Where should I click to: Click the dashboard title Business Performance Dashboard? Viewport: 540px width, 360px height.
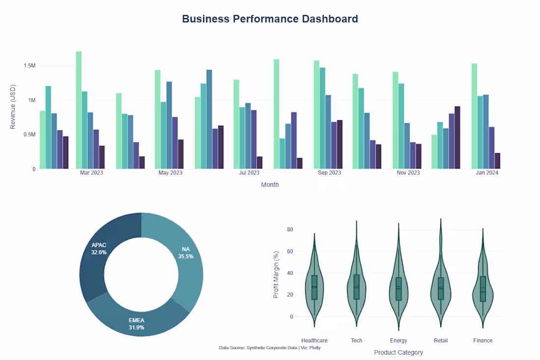(270, 19)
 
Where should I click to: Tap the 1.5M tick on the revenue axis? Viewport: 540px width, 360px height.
(28, 66)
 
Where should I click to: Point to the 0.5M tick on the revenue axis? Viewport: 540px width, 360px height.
(28, 135)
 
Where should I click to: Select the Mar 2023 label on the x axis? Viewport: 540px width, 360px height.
(91, 173)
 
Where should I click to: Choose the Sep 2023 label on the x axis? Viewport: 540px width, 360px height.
(329, 173)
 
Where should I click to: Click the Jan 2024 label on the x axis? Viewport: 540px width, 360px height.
(486, 173)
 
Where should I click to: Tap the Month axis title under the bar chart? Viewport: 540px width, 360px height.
(270, 185)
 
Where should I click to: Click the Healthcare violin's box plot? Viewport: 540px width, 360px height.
(314, 287)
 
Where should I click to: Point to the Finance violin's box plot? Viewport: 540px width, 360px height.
(483, 288)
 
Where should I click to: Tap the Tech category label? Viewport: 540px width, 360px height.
(356, 340)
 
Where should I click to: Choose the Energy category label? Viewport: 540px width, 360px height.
(398, 340)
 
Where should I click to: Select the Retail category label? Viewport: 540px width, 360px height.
(440, 340)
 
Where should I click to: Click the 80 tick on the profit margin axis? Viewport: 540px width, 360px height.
(290, 230)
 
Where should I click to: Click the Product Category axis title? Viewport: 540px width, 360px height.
(398, 352)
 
